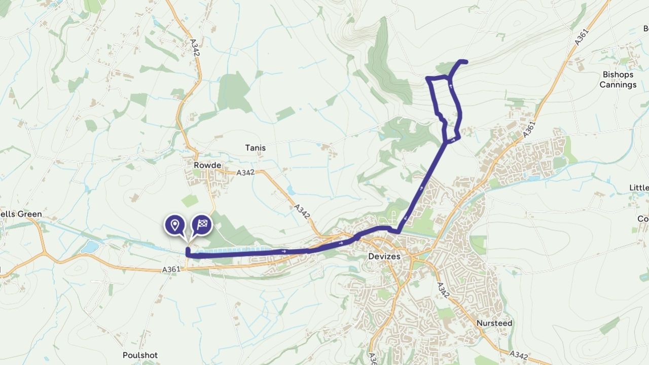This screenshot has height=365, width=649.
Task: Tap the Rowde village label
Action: click(x=207, y=165)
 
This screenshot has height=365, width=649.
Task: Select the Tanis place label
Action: click(x=255, y=148)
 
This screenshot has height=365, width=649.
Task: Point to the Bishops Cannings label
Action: click(x=618, y=80)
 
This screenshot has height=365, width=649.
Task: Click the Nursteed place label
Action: click(x=494, y=323)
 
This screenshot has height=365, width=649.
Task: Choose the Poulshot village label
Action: click(x=140, y=355)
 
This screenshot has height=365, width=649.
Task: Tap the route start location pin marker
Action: click(x=175, y=225)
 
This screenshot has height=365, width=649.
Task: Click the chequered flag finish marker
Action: click(x=202, y=225)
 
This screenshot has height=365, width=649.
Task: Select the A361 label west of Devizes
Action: click(x=171, y=270)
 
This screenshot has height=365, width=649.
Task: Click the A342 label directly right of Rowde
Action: click(x=245, y=172)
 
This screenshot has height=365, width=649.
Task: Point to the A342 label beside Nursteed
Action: click(x=442, y=290)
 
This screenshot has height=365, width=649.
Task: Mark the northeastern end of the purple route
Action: click(x=465, y=62)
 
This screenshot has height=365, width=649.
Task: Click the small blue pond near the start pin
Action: click(x=90, y=247)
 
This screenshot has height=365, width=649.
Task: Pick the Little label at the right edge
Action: click(x=639, y=188)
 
